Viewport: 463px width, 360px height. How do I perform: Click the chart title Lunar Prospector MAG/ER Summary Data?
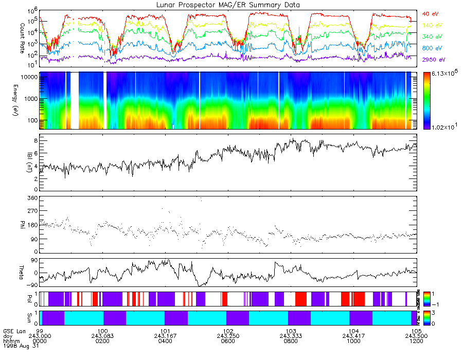click(x=228, y=4)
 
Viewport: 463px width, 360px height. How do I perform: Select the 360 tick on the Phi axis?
click(x=32, y=198)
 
